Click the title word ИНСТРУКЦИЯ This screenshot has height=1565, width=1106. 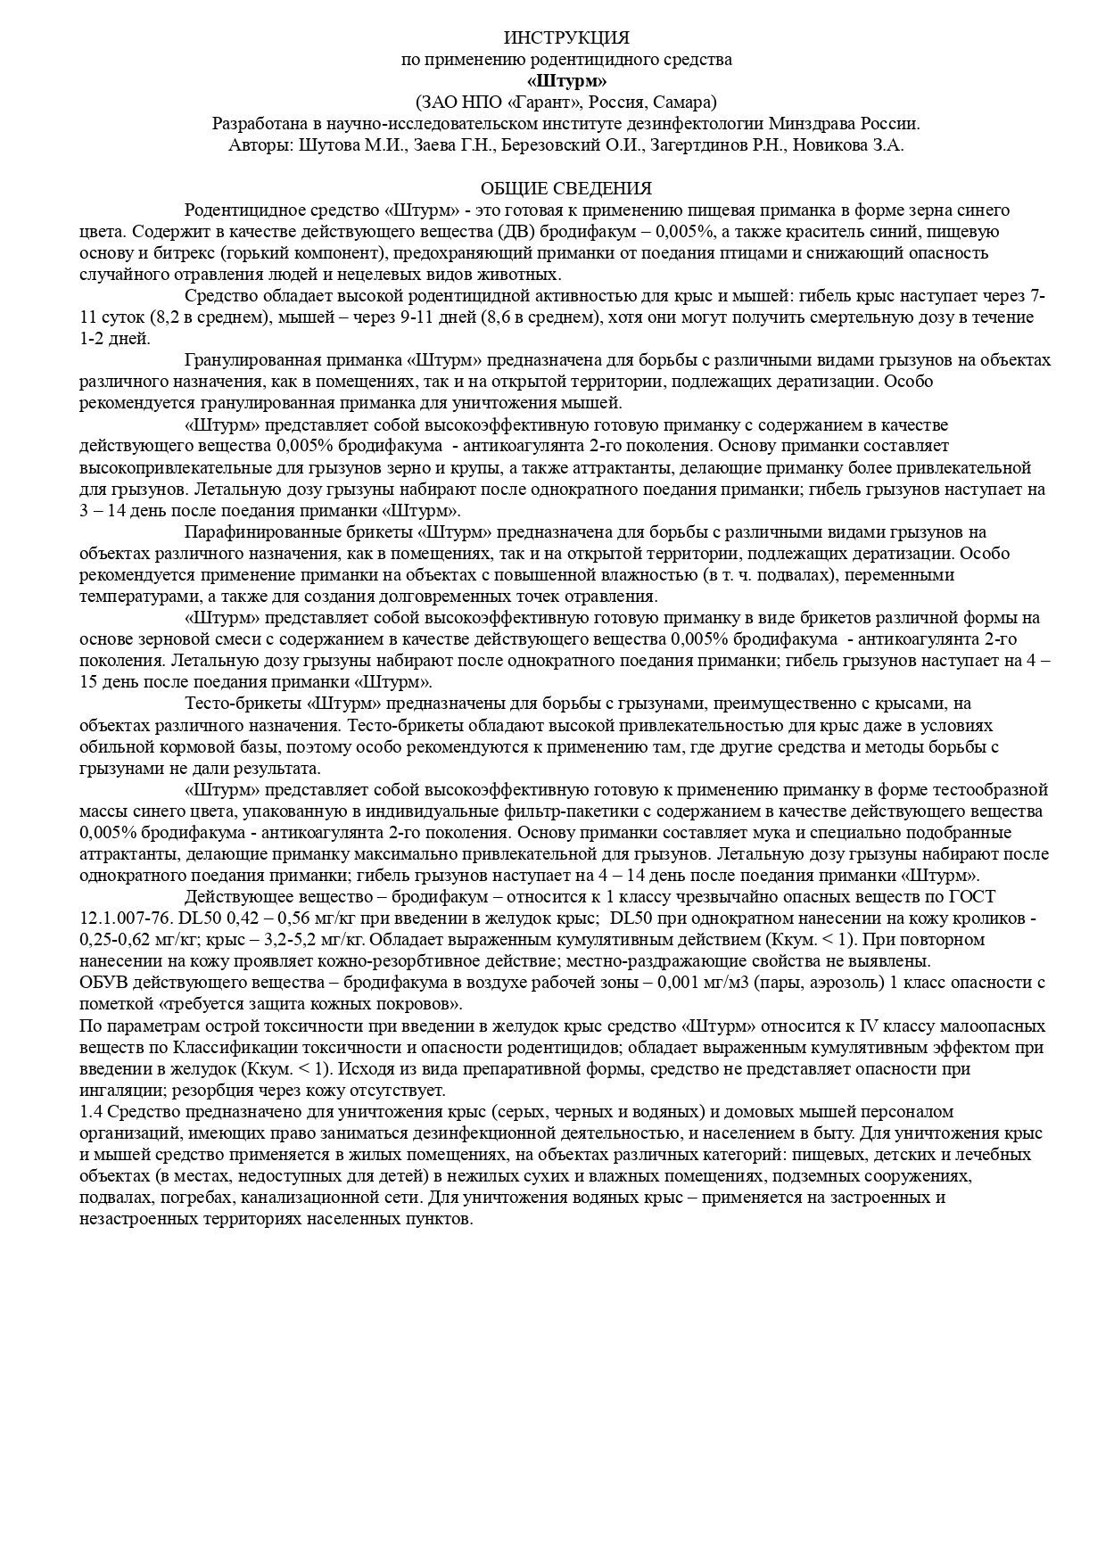(x=566, y=37)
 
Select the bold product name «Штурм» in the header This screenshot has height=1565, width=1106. (x=566, y=80)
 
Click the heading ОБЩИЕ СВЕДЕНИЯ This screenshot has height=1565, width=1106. (x=566, y=188)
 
